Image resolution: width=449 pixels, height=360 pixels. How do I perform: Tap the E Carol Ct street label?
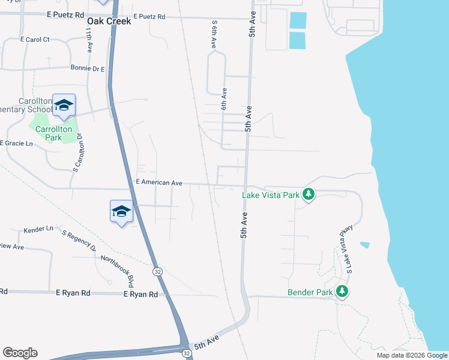(34, 40)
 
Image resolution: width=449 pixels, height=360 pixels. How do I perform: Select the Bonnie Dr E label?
(88, 69)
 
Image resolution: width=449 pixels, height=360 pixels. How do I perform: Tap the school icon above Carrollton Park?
(63, 106)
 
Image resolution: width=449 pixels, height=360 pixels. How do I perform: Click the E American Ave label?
(159, 182)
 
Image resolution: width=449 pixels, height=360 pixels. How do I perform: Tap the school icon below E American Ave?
(121, 211)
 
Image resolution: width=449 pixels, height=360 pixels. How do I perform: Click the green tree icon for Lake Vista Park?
(309, 194)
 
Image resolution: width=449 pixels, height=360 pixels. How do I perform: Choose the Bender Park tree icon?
(342, 292)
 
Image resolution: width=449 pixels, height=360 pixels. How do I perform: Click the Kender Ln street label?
(38, 230)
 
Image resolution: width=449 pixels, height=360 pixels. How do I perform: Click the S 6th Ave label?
(214, 35)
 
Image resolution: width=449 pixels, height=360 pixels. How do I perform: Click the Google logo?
(20, 353)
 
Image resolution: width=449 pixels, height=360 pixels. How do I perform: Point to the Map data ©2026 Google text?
(411, 355)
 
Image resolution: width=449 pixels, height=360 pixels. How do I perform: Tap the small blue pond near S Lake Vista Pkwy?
(364, 245)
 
